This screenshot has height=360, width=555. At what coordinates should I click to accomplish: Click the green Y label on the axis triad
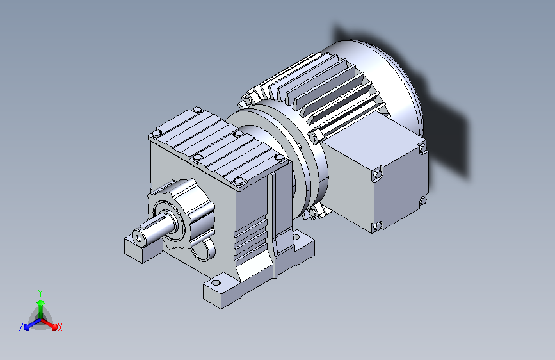(40, 293)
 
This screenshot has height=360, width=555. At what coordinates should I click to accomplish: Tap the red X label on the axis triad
(60, 328)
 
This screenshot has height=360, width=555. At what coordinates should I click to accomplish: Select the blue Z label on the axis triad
(21, 327)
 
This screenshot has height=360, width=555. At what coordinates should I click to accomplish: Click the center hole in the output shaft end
(138, 240)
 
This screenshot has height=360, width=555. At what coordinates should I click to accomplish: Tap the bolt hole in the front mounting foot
(216, 282)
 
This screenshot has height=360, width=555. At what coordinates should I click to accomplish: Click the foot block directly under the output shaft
(142, 249)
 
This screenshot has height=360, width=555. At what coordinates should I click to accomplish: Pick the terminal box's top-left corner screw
(377, 174)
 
